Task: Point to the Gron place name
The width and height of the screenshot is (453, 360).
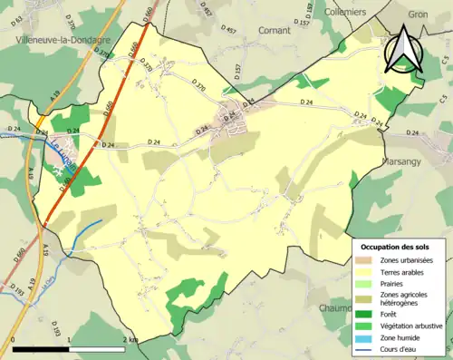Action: (x=418, y=15)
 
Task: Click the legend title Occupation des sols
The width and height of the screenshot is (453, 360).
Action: (x=398, y=246)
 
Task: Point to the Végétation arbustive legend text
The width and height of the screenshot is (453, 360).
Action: (x=413, y=326)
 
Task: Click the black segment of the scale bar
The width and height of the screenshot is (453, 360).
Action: (x=40, y=349)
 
